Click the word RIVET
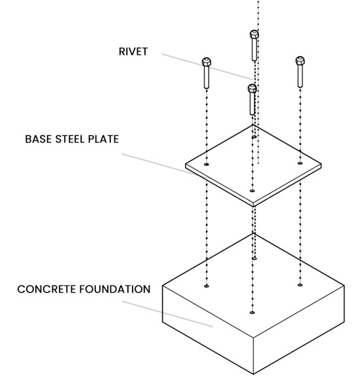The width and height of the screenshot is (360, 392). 133,52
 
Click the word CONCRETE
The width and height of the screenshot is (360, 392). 46,289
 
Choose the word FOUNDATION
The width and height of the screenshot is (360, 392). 115,289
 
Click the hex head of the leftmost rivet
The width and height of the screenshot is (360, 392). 206,61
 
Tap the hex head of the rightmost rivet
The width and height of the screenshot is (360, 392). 300,61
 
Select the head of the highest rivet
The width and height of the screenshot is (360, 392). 254,34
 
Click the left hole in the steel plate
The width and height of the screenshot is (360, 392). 206,164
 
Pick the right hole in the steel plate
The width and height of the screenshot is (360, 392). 300,163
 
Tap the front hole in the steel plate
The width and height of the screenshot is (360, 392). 252,191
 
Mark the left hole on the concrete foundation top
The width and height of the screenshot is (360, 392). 206,286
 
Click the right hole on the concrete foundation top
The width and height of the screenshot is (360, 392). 300,285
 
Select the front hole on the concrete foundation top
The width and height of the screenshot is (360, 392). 252,312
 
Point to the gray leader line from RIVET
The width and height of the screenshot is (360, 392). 207,67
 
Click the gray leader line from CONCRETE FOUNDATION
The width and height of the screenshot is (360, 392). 167,314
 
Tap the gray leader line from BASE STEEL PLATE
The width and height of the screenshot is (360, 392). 165,166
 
